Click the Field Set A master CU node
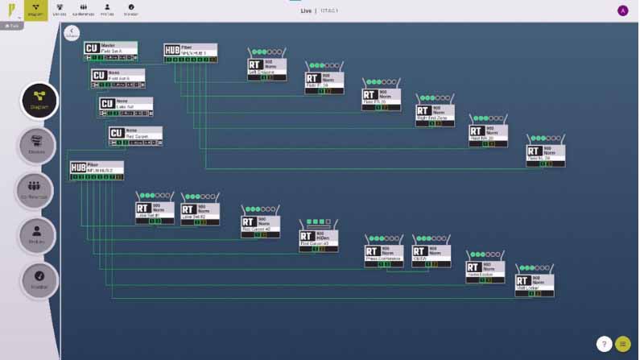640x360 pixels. pos(110,50)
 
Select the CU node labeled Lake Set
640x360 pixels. pos(125,106)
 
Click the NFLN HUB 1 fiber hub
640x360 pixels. pos(190,52)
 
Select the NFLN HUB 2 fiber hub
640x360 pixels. pos(96,170)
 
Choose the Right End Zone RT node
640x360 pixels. pos(435,114)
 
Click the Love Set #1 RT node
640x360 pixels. pos(155,211)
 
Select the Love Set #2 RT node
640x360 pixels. pos(200,211)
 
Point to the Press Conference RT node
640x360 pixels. pos(384,254)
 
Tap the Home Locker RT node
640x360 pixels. pos(485,271)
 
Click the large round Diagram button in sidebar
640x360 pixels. pos(39,101)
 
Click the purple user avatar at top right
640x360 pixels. pos(622,10)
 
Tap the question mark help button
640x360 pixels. pos(604,344)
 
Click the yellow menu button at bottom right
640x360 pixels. pos(622,344)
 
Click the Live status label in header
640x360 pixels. pos(306,10)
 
